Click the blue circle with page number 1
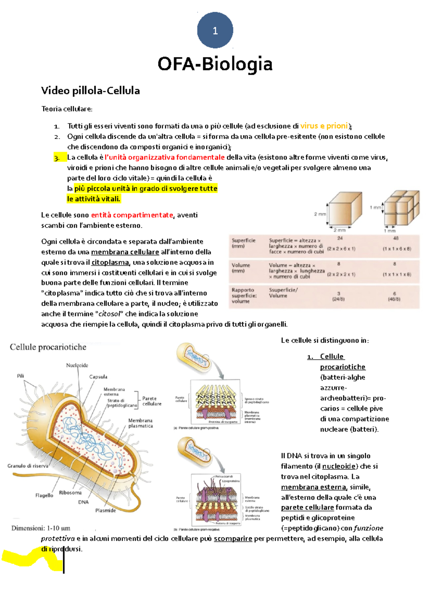point(215,30)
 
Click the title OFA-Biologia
point(215,64)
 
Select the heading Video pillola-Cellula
point(90,91)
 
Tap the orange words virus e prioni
point(324,126)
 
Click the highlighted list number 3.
point(57,158)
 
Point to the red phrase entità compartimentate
point(132,215)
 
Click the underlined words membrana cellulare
point(125,252)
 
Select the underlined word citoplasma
point(110,262)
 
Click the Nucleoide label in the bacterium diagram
point(77,365)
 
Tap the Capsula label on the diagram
point(98,377)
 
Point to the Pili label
point(20,376)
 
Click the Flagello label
point(44,495)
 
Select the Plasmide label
point(105,510)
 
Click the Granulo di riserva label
point(28,466)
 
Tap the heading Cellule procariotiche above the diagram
point(48,347)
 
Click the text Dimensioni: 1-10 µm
point(41,528)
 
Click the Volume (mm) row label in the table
point(240,268)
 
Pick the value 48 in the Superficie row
point(396,238)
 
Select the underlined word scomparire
point(233,539)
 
